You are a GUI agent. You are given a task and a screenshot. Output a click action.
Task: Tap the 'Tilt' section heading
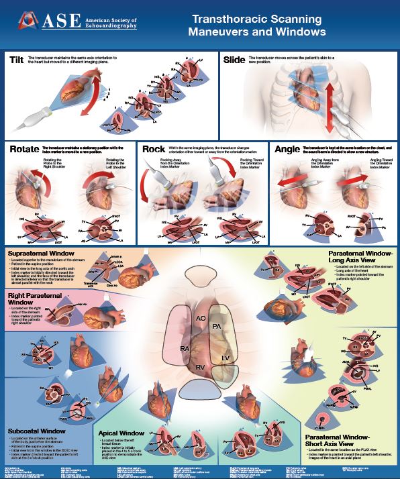[x=17, y=60]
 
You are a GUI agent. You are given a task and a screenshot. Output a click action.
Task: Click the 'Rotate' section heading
[x=22, y=150]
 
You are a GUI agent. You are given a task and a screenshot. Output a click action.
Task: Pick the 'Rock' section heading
[x=154, y=150]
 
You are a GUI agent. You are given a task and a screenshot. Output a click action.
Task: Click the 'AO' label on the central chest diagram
[x=199, y=319]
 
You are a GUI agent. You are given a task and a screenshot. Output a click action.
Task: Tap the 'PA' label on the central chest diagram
[x=217, y=326]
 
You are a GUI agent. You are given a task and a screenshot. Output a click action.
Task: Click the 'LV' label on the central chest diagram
[x=226, y=358]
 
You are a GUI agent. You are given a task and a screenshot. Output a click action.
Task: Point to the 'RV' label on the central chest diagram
[x=200, y=367]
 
